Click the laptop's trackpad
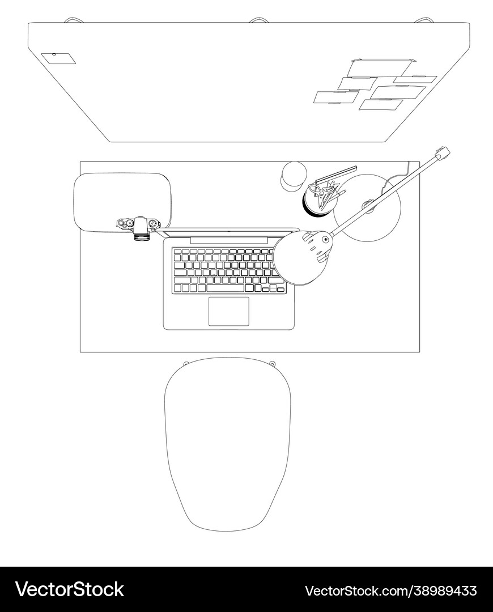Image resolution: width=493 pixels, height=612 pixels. click(229, 311)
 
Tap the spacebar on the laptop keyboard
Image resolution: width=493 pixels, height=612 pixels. click(225, 288)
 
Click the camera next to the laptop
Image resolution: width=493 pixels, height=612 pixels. click(139, 228)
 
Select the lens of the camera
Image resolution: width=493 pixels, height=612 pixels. click(142, 237)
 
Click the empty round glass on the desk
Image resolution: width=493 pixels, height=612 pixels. click(293, 176)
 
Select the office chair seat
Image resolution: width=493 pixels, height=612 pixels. click(228, 444)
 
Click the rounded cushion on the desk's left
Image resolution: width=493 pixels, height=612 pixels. click(122, 202)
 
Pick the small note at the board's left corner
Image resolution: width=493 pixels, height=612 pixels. click(58, 58)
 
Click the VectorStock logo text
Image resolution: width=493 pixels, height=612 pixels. click(70, 590)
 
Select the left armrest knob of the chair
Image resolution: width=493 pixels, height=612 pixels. click(186, 363)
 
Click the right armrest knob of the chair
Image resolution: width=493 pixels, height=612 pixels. click(273, 363)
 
